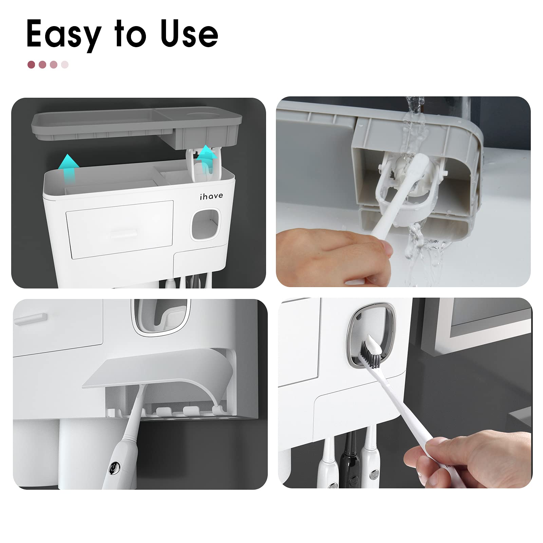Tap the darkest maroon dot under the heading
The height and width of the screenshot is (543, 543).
(32, 64)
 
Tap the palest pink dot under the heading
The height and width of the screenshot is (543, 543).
(65, 64)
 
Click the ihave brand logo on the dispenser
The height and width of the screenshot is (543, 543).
(211, 196)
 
